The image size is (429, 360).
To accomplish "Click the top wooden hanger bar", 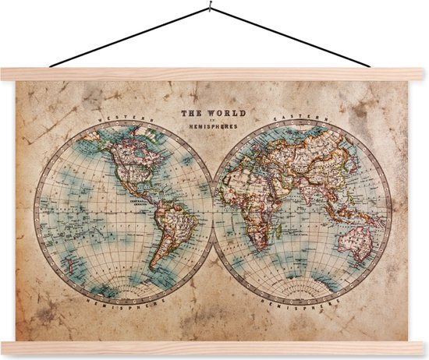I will tap(214, 74).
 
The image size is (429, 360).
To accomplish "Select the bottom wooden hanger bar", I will tap(214, 348).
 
